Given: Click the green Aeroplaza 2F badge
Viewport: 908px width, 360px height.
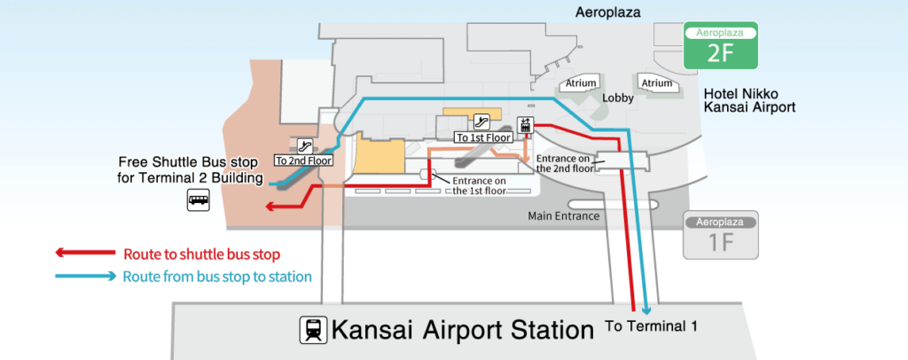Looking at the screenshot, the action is [x=721, y=46].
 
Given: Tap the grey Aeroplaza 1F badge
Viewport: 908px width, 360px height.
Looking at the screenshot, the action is [x=721, y=234].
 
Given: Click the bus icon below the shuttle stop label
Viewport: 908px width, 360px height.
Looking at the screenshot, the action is [x=198, y=200].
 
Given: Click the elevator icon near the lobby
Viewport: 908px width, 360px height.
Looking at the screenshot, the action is [x=525, y=125].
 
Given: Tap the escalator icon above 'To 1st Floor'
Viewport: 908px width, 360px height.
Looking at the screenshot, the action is [x=481, y=121].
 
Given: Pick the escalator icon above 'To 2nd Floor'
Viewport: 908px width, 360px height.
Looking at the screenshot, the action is [x=305, y=145].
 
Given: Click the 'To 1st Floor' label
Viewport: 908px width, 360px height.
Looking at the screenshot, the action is [x=482, y=137].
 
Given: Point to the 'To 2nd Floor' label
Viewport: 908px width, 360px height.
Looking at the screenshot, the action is [x=303, y=160].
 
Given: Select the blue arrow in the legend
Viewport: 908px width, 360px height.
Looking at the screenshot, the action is [x=86, y=276].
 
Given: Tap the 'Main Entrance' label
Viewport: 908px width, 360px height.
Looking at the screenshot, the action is [x=563, y=216].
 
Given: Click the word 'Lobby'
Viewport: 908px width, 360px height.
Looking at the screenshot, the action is [x=618, y=98].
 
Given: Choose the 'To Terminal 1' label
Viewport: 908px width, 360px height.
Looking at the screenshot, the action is [x=652, y=325].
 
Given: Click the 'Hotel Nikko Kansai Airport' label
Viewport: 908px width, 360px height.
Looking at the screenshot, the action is [x=748, y=101].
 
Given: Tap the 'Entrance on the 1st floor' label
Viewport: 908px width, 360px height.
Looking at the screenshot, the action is [x=480, y=185].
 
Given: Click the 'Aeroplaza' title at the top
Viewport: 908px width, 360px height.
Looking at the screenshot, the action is [x=608, y=12].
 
